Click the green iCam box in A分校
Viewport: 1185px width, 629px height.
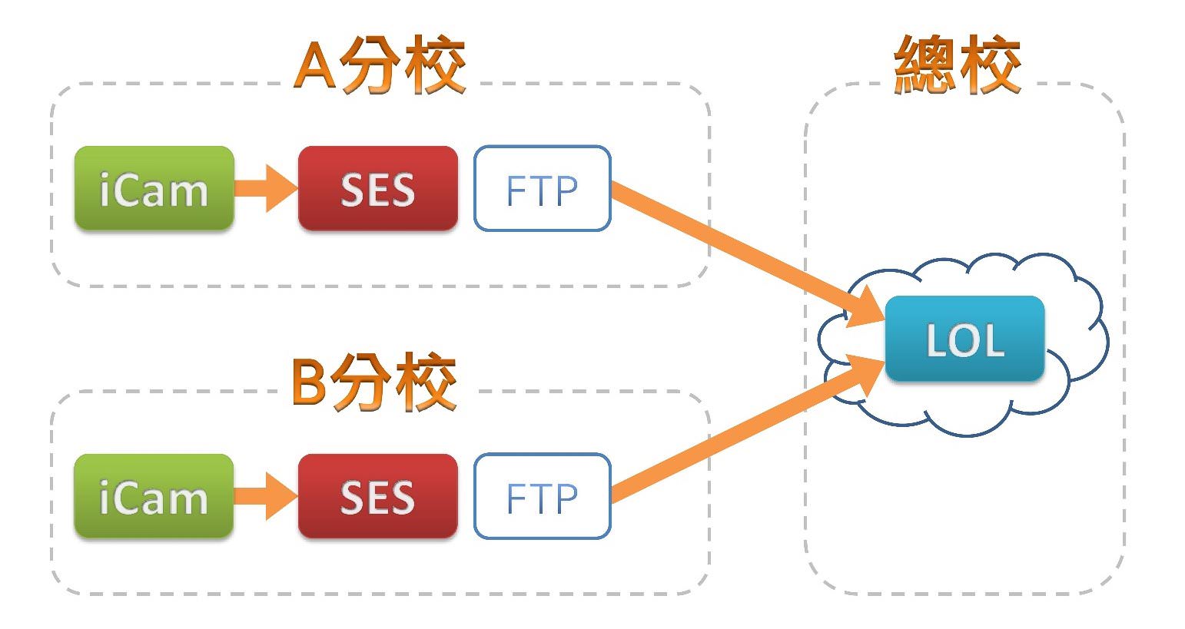[x=154, y=188]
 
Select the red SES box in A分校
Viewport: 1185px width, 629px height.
[x=377, y=188]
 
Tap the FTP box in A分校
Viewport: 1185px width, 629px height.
[x=542, y=188]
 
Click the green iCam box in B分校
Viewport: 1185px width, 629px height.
[x=154, y=496]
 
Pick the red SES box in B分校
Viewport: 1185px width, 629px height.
[x=377, y=496]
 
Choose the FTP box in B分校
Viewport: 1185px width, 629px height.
[x=542, y=496]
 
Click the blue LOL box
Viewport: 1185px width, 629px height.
[x=964, y=339]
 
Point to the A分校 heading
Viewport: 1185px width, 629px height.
[x=380, y=66]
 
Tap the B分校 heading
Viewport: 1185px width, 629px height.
[x=375, y=382]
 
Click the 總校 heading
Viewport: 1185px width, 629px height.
[x=958, y=66]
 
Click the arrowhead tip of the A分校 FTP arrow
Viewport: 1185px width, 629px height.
[x=882, y=319]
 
